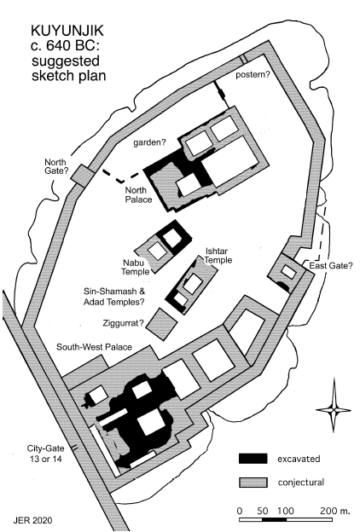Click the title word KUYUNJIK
coord(67,32)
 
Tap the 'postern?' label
coord(253,75)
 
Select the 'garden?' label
coord(149,143)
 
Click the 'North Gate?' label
coord(55,166)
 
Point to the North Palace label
coord(138,194)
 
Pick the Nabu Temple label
coord(136,267)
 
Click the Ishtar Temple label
coord(218,256)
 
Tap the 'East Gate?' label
coord(331,266)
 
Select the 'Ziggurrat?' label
coord(123,323)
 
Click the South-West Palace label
coord(94,347)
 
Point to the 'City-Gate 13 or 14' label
coord(46,454)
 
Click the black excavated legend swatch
coord(253,459)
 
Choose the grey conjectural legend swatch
coord(253,483)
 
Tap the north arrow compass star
coord(334,410)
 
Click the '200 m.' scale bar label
coord(330,511)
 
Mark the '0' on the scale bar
coord(240,511)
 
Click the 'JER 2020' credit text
coord(33,520)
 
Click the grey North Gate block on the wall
coord(82,174)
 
